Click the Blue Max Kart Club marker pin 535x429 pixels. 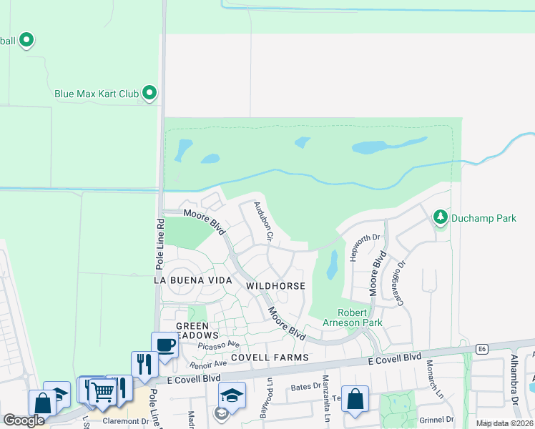149,93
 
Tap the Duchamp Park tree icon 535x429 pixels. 440,216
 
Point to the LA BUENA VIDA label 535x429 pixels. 193,281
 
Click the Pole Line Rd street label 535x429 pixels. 159,244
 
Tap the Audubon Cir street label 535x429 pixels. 261,220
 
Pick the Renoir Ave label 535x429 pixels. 208,364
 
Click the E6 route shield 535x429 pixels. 484,349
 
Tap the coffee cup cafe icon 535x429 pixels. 165,345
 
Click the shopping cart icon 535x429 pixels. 102,390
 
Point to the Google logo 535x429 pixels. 24,420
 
